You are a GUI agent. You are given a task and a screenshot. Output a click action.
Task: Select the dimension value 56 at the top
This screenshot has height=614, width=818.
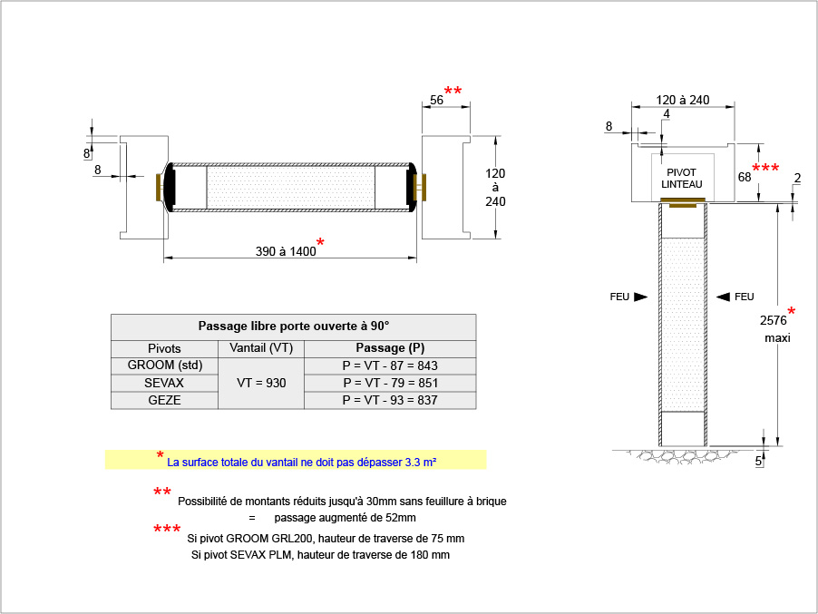(x=436, y=101)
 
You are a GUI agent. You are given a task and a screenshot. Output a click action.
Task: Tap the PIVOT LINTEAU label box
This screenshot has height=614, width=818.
(x=682, y=178)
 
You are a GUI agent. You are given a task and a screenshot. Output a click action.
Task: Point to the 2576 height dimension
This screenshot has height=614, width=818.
(x=774, y=320)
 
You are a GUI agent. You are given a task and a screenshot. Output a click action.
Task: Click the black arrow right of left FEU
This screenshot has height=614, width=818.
(x=640, y=297)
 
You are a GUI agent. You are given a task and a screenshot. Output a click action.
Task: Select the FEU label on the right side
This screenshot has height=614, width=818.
(x=744, y=297)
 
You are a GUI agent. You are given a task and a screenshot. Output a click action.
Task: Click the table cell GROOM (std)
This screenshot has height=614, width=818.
(x=164, y=365)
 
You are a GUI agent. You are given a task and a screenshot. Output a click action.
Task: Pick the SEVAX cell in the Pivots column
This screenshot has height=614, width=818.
(x=164, y=383)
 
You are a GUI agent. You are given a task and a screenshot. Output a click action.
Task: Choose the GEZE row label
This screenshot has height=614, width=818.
(x=164, y=400)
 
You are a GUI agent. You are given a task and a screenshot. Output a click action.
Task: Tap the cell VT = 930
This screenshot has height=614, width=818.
(x=261, y=383)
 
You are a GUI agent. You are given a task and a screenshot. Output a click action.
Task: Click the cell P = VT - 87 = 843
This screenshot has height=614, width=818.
(x=390, y=365)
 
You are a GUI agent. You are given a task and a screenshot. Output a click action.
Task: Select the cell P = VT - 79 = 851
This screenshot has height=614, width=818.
(x=390, y=383)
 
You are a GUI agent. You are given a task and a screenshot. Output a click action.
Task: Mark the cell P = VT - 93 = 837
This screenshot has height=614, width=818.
(x=390, y=400)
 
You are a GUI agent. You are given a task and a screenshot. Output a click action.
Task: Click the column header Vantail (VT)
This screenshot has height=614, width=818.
(x=261, y=348)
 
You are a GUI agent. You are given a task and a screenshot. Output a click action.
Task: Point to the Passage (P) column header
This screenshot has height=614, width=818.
(x=390, y=348)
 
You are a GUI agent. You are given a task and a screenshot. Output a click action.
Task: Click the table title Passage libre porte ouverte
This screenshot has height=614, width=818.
(x=293, y=326)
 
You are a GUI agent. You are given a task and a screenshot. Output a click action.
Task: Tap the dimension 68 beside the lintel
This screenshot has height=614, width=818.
(x=745, y=177)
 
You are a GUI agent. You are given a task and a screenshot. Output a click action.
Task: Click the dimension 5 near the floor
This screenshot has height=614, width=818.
(x=758, y=461)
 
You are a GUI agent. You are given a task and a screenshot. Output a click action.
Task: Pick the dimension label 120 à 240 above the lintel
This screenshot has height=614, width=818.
(x=682, y=100)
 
